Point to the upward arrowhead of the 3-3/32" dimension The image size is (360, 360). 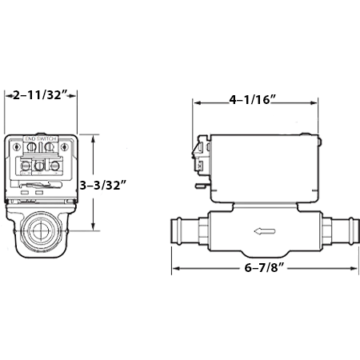coord(95,138)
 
